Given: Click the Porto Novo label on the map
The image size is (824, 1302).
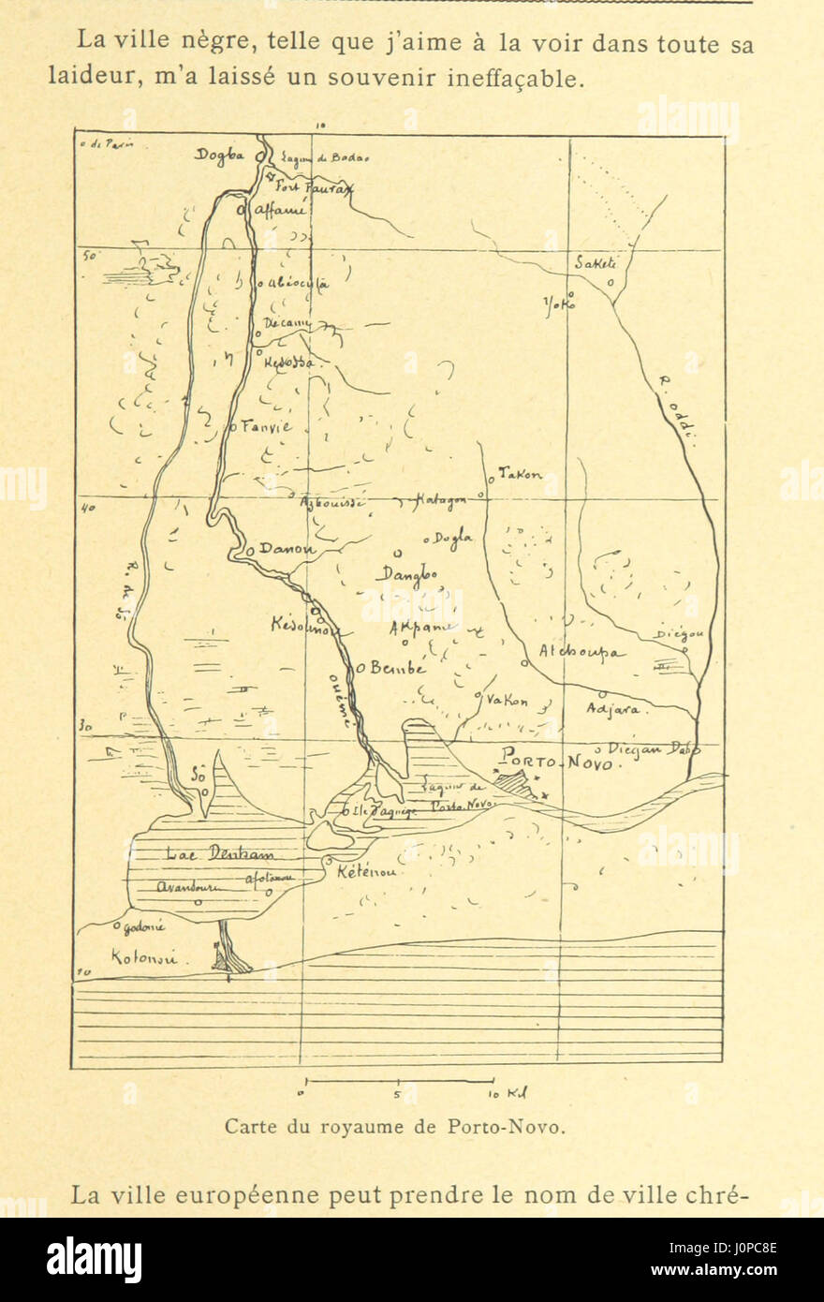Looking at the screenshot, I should click(558, 760).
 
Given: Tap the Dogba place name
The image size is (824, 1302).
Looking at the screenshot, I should click(218, 155).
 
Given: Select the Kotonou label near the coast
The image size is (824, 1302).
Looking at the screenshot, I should click(143, 958).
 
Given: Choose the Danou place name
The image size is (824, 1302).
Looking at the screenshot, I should click(287, 550).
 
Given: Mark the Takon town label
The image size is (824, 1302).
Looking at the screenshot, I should click(520, 476).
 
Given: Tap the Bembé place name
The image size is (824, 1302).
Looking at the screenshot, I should click(397, 669).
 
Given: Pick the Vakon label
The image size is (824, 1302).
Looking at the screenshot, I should click(508, 701).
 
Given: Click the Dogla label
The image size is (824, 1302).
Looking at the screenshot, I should click(454, 538).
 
